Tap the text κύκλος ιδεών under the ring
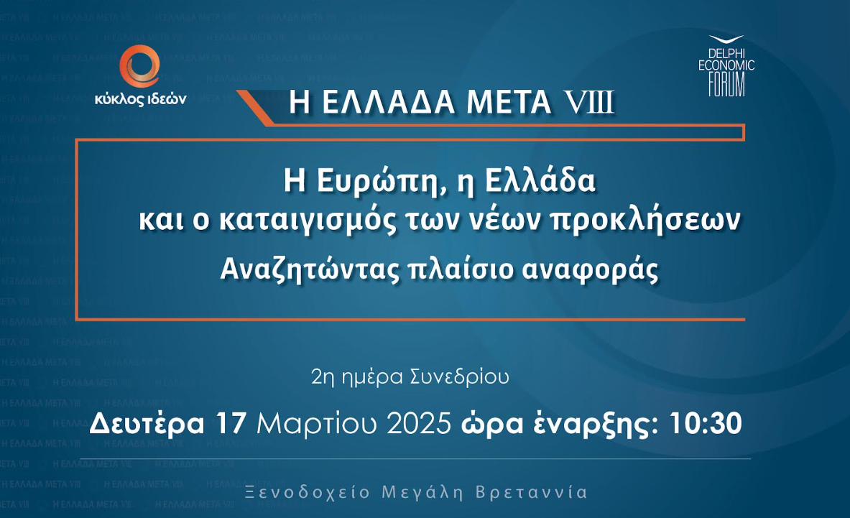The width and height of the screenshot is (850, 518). (140, 99)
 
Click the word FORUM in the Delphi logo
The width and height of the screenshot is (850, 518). (726, 85)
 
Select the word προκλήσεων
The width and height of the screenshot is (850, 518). (645, 221)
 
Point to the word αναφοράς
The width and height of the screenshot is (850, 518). (591, 270)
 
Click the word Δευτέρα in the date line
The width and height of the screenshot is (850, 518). (147, 423)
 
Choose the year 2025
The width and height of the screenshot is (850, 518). (418, 424)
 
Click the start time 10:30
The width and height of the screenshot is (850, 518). (706, 424)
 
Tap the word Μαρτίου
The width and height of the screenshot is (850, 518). (317, 424)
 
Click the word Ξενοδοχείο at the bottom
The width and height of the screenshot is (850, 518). (308, 493)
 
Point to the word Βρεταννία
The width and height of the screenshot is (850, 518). (532, 493)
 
